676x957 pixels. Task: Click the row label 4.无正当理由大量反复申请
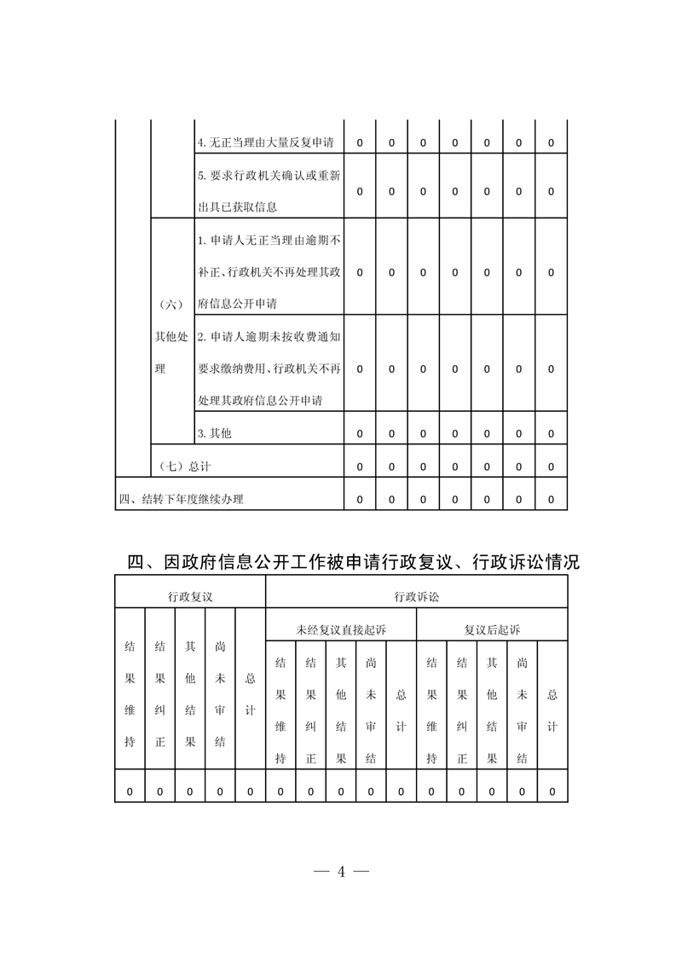point(265,142)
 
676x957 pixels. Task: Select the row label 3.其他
point(214,433)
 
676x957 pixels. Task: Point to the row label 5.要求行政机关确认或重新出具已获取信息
point(269,191)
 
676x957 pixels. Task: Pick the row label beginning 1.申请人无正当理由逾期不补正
point(269,272)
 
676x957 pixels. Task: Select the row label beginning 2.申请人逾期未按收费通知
point(269,368)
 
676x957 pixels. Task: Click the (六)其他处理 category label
point(170,337)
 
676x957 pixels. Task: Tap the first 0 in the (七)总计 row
point(360,467)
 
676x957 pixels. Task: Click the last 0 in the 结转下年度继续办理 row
point(551,499)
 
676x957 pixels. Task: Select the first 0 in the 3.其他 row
point(360,433)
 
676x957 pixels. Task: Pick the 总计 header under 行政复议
point(250,694)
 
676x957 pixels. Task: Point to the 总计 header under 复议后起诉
point(552,710)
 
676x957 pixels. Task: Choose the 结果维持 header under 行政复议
point(130,694)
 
